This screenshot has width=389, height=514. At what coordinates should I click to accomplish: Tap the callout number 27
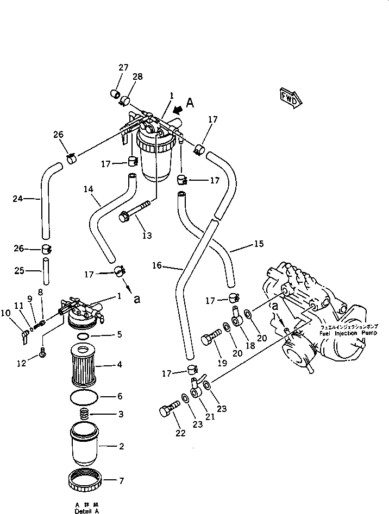(123, 67)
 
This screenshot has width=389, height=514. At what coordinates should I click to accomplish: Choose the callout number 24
(18, 199)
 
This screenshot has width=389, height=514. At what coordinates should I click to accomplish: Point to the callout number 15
(258, 244)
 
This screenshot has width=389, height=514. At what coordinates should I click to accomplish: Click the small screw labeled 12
(43, 356)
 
